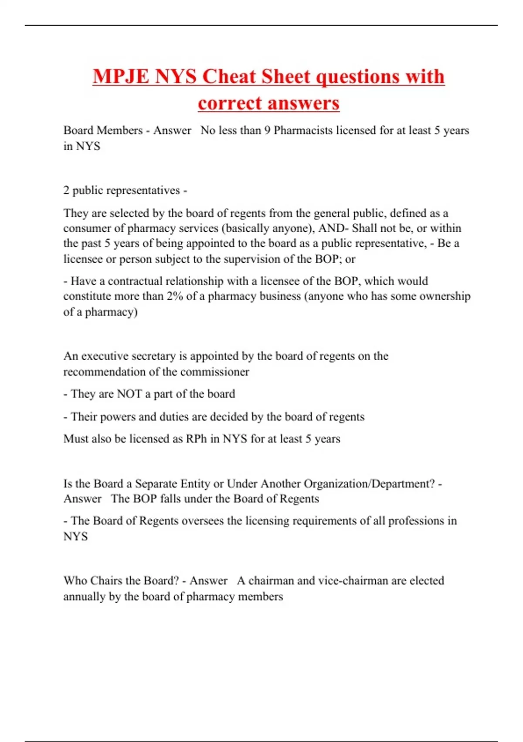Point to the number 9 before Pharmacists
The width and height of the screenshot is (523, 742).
tap(267, 131)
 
